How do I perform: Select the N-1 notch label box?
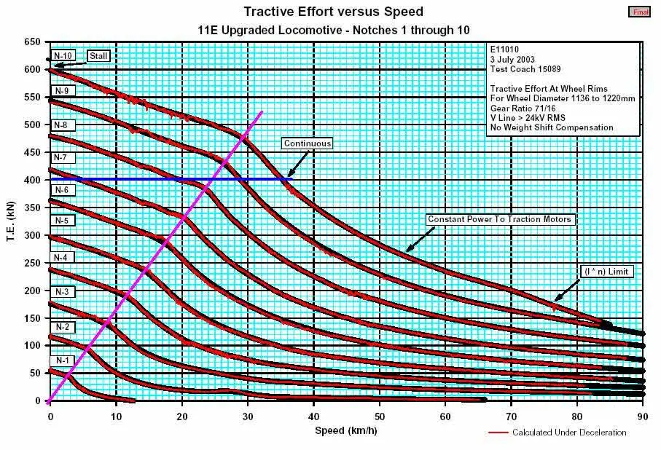(x=63, y=360)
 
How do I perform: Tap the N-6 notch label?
(x=63, y=189)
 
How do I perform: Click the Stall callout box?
(x=98, y=55)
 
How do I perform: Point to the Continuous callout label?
(x=308, y=143)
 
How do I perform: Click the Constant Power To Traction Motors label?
(x=500, y=219)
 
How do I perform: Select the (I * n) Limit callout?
(x=606, y=271)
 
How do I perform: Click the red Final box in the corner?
(x=638, y=12)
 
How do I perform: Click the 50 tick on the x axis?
(x=380, y=416)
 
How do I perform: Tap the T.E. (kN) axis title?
(x=12, y=221)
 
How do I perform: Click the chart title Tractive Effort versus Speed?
(x=333, y=12)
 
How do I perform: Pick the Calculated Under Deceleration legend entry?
(x=568, y=433)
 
